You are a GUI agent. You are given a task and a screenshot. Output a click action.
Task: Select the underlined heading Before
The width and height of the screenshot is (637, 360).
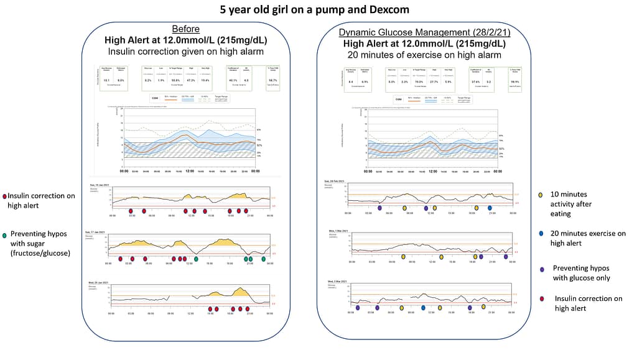(187, 29)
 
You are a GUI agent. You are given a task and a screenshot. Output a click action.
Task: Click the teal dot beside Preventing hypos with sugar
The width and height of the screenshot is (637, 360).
(5, 235)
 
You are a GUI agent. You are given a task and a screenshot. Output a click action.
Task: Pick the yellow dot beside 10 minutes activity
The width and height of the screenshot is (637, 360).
(541, 195)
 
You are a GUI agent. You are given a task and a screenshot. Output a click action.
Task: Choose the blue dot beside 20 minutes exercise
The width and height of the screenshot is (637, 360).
(541, 233)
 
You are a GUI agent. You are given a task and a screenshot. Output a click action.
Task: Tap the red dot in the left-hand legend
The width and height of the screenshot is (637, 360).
(4, 196)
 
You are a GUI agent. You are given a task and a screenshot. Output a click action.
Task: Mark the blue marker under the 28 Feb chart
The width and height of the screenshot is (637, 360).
(490, 208)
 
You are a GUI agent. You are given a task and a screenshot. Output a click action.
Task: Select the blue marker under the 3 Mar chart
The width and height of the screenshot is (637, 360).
(423, 307)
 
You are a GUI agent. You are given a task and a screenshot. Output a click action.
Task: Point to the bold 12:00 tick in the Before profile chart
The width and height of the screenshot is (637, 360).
(190, 171)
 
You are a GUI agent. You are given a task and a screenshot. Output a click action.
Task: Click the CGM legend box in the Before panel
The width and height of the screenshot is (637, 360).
(157, 97)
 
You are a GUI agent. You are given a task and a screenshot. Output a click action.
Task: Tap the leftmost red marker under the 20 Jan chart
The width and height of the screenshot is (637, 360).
(210, 308)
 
